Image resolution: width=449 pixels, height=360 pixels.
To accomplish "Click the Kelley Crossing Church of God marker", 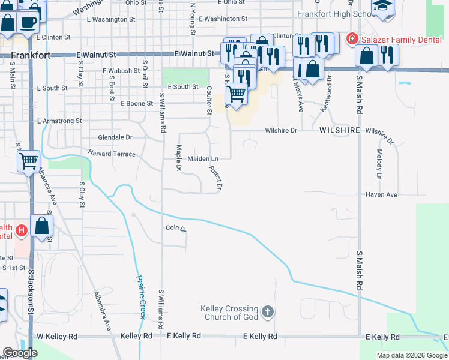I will (x=268, y=312).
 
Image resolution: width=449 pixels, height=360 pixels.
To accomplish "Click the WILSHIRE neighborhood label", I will (x=339, y=130).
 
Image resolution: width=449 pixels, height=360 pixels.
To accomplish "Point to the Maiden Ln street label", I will (x=202, y=158).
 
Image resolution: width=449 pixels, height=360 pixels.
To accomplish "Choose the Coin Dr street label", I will (x=176, y=228).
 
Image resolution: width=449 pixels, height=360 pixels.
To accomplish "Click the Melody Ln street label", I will (x=379, y=165).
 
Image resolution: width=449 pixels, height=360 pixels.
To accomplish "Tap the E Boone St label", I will (x=138, y=103).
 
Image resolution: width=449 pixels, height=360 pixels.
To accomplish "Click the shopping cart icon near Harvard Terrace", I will (x=28, y=161).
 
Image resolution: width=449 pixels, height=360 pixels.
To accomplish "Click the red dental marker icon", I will (x=351, y=38).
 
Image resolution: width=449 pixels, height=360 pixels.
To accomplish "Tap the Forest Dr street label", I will (x=215, y=178).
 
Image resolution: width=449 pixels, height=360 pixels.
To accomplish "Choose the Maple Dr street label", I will (x=178, y=158).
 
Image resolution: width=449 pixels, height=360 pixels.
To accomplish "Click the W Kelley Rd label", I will (x=57, y=337).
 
